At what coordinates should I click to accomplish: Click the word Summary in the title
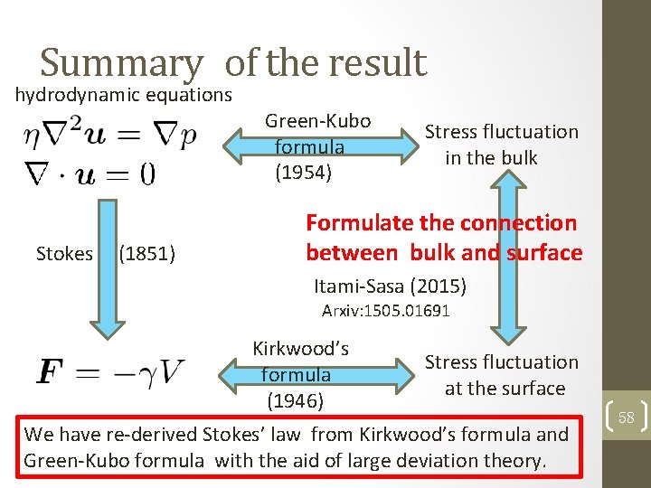(x=121, y=63)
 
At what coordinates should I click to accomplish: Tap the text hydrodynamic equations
(x=123, y=95)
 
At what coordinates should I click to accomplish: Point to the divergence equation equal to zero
(x=90, y=172)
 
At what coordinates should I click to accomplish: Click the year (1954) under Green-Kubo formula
(x=304, y=172)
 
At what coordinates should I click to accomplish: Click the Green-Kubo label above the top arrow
(x=317, y=120)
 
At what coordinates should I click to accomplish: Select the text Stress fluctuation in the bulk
(x=501, y=145)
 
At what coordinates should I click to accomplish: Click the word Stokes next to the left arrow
(x=64, y=254)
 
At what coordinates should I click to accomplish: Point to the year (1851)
(x=146, y=254)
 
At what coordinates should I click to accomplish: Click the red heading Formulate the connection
(x=441, y=222)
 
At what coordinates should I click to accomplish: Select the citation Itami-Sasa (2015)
(x=390, y=287)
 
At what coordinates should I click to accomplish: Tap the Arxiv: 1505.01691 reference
(x=386, y=312)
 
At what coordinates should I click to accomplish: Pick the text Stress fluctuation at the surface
(x=501, y=375)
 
